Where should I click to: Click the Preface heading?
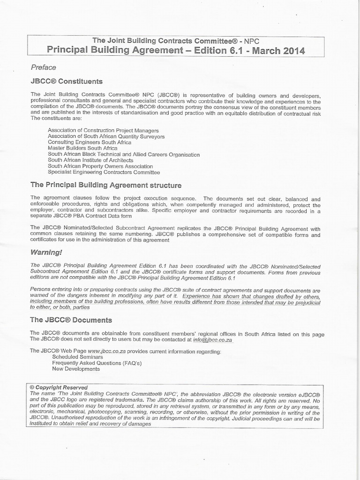pyautogui.click(x=43, y=67)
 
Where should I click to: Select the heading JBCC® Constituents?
pyautogui.click(x=67, y=81)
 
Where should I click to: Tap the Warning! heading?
pyautogui.click(x=46, y=252)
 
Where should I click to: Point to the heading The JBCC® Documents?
pyautogui.click(x=71, y=320)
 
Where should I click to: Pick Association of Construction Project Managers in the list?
pyautogui.click(x=103, y=130)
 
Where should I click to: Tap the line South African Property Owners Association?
pyautogui.click(x=100, y=166)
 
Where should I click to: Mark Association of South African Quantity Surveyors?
pyautogui.click(x=106, y=136)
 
